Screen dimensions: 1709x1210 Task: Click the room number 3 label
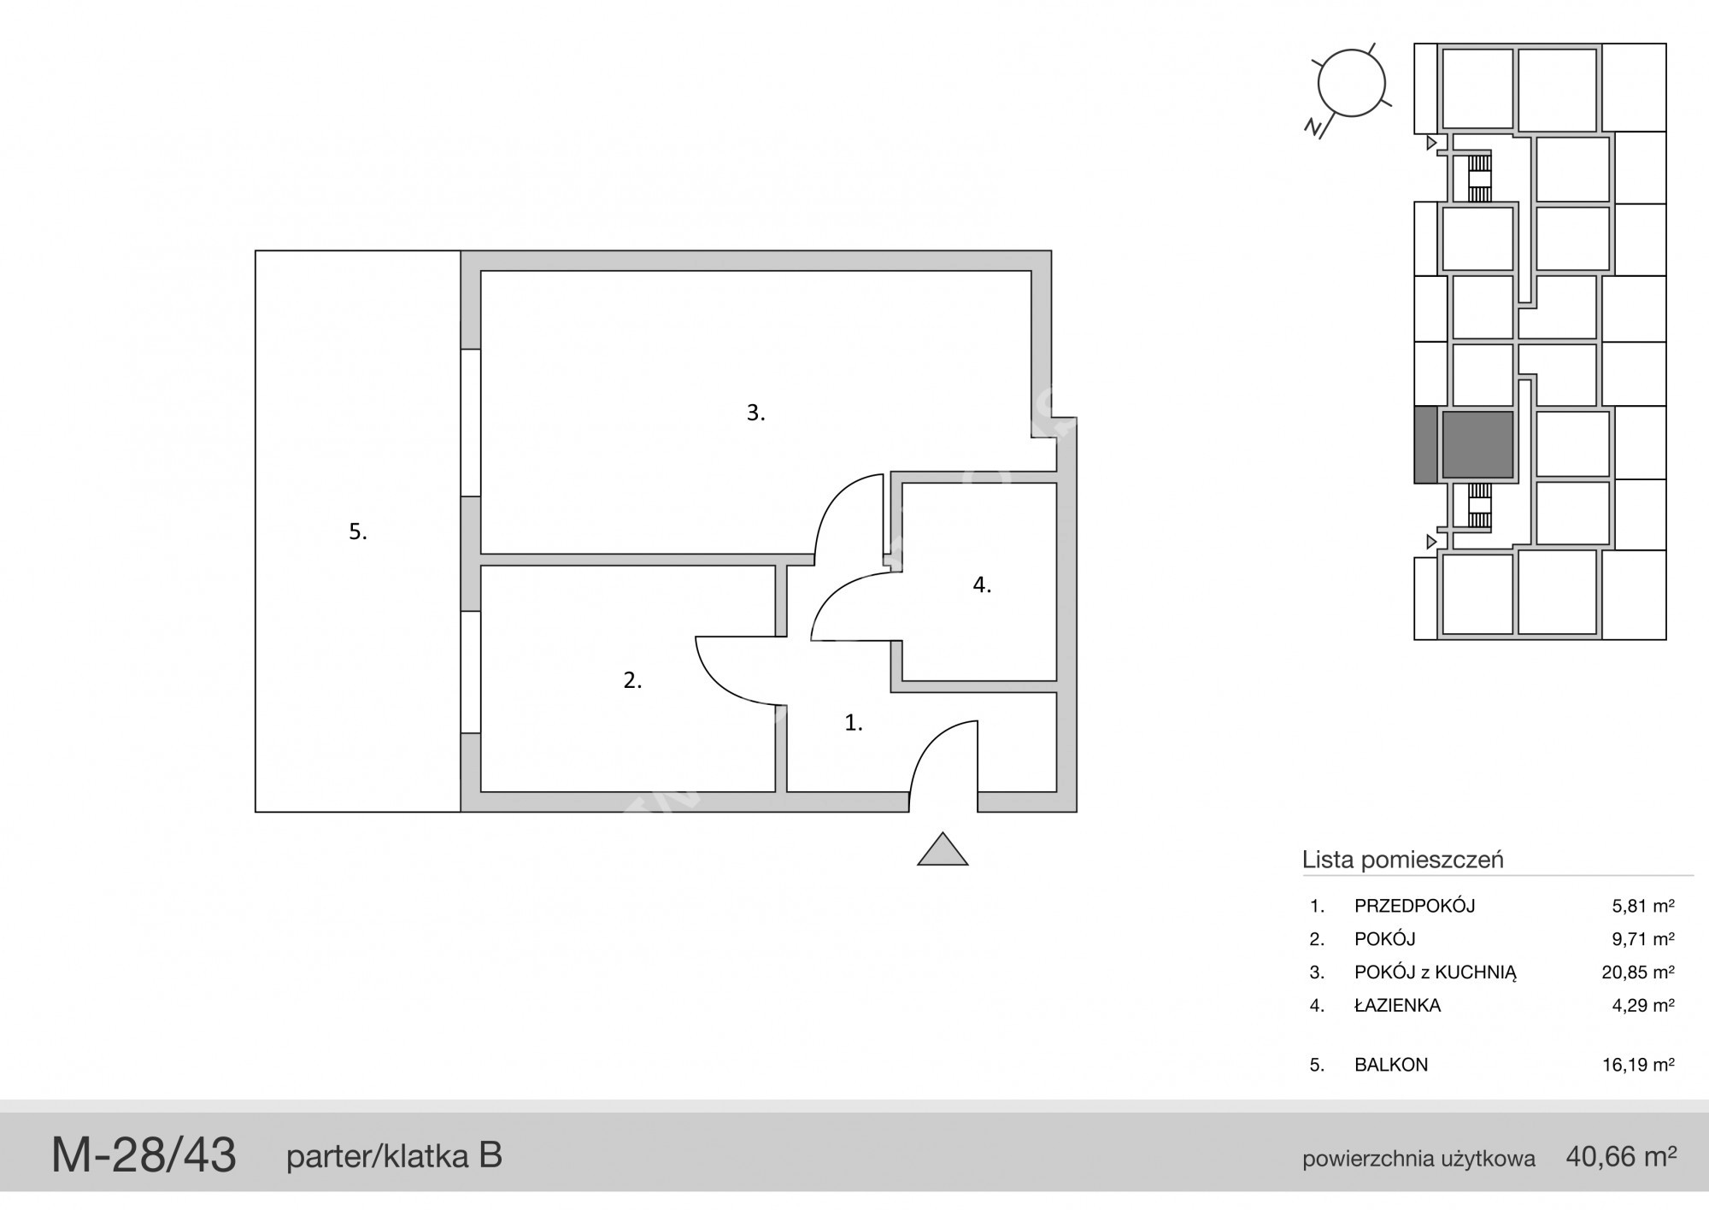pyautogui.click(x=755, y=413)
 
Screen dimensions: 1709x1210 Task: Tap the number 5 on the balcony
pyautogui.click(x=358, y=532)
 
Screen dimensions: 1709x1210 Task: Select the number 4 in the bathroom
pyautogui.click(x=982, y=584)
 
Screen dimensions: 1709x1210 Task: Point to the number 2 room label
pyautogui.click(x=632, y=680)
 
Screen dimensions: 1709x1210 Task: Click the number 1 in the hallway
pyautogui.click(x=854, y=723)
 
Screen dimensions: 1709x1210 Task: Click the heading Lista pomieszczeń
pyautogui.click(x=1402, y=860)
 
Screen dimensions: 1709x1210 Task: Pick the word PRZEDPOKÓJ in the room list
pyautogui.click(x=1414, y=906)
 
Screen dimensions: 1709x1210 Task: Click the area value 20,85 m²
pyautogui.click(x=1638, y=972)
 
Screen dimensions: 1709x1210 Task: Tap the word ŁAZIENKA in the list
pyautogui.click(x=1397, y=1005)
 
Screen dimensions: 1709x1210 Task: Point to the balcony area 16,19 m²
pyautogui.click(x=1638, y=1065)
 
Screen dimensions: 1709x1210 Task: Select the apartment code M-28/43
pyautogui.click(x=144, y=1155)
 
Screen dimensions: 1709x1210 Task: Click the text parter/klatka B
pyautogui.click(x=394, y=1157)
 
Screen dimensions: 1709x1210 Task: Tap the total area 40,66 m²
pyautogui.click(x=1621, y=1157)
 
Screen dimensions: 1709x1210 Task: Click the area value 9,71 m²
pyautogui.click(x=1642, y=939)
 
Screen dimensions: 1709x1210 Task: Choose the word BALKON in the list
pyautogui.click(x=1391, y=1065)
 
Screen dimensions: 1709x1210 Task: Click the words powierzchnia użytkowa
pyautogui.click(x=1418, y=1160)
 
